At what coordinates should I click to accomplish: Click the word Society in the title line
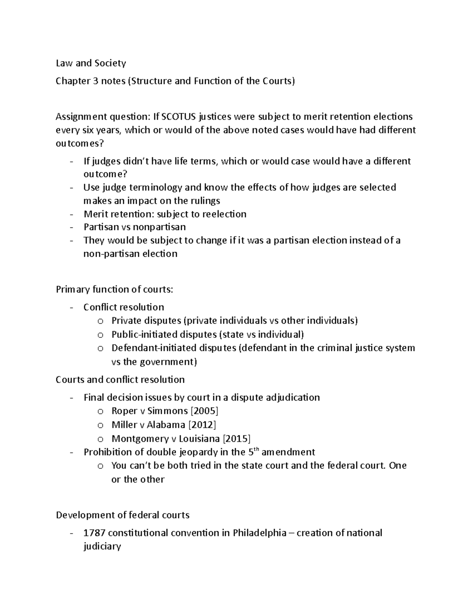pos(108,63)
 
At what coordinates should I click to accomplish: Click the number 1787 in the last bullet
pos(94,533)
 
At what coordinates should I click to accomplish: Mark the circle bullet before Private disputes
pos(101,321)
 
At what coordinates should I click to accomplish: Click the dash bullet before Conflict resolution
pos(71,307)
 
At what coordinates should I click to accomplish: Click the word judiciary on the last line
pos(102,547)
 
